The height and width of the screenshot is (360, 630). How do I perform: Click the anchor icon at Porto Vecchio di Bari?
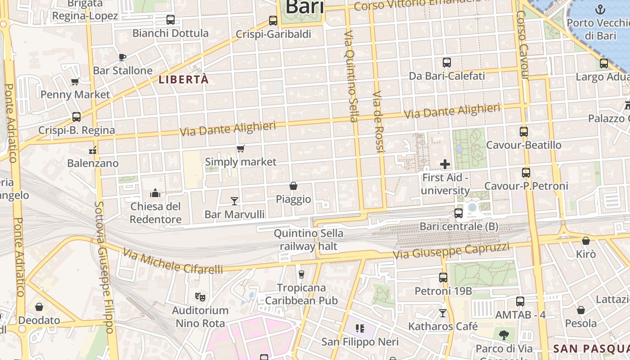[x=600, y=9]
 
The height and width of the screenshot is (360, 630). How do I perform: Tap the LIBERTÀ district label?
[x=184, y=80]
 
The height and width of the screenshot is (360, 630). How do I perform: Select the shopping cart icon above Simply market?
[x=241, y=148]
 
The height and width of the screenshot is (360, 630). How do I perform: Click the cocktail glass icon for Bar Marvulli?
[x=234, y=201]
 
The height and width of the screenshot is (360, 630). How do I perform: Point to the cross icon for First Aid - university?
[x=445, y=164]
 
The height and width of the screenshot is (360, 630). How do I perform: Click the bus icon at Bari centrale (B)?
[x=459, y=213]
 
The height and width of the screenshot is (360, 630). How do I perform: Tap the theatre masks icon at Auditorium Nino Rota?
[x=200, y=297]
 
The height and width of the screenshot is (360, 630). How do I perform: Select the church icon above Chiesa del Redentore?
[x=155, y=193]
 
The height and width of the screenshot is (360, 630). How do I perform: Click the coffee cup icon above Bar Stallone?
[x=122, y=57]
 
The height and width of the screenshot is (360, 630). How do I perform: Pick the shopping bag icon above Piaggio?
[x=293, y=186]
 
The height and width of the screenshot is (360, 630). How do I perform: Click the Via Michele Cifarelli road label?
[x=173, y=263]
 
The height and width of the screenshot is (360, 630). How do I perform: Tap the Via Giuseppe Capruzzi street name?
[x=451, y=251]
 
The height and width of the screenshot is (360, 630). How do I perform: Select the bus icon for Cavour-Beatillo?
[x=523, y=132]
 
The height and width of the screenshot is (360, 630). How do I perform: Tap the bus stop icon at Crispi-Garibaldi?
[x=273, y=21]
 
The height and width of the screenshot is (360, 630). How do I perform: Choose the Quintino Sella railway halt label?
[x=308, y=240]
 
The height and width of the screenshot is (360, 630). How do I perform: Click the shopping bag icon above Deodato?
[x=39, y=307]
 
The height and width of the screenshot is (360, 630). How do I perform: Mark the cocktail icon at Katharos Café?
[x=443, y=313]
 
